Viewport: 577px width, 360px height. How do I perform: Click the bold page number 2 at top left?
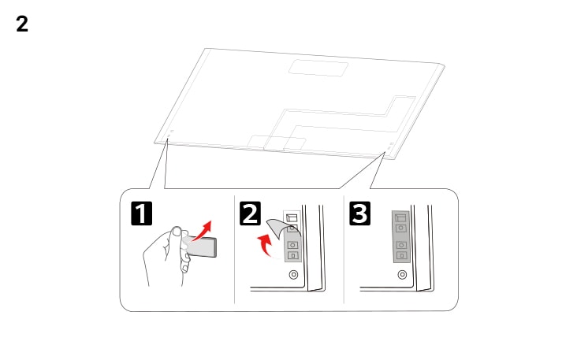[22, 24]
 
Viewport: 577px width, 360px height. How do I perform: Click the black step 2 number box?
[250, 213]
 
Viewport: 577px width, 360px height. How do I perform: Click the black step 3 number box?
[359, 213]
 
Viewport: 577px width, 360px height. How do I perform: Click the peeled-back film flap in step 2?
[275, 228]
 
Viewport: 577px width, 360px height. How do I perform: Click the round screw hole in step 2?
[293, 275]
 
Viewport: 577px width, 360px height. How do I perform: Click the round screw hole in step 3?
[402, 275]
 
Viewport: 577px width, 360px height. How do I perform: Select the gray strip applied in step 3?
[401, 236]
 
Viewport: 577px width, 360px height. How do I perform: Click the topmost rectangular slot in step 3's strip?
[400, 217]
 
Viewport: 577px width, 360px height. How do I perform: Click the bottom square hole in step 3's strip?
[401, 254]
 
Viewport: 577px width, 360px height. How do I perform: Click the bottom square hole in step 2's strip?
[292, 254]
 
